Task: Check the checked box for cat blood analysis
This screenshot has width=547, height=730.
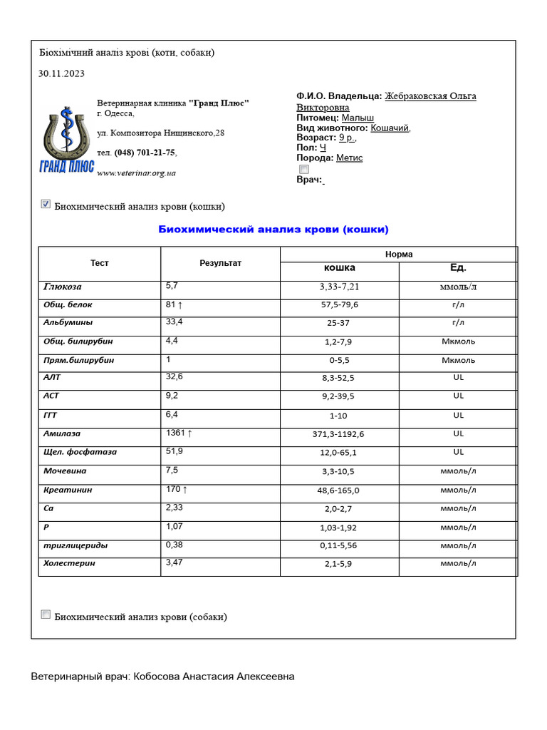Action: pyautogui.click(x=46, y=205)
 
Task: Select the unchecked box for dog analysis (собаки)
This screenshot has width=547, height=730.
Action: pyautogui.click(x=46, y=615)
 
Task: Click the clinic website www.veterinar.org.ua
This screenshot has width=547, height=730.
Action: pyautogui.click(x=136, y=173)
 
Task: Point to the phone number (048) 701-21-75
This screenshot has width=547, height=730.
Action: pyautogui.click(x=145, y=153)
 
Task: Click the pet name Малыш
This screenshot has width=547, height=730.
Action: pyautogui.click(x=358, y=118)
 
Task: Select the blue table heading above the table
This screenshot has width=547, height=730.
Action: pyautogui.click(x=273, y=230)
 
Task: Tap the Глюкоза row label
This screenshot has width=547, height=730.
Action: pyautogui.click(x=63, y=287)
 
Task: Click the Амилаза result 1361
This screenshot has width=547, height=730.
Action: pyautogui.click(x=179, y=433)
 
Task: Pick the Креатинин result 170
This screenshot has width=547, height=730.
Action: pyautogui.click(x=176, y=489)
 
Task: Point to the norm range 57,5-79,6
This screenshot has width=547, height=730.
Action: pyautogui.click(x=339, y=304)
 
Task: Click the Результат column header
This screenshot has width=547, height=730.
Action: pyautogui.click(x=220, y=263)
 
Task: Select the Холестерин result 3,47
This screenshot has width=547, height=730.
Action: pyautogui.click(x=174, y=562)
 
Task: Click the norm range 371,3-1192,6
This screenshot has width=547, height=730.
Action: pyautogui.click(x=339, y=434)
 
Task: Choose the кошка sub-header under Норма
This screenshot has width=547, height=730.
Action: pyautogui.click(x=339, y=268)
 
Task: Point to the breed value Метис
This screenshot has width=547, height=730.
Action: pyautogui.click(x=349, y=158)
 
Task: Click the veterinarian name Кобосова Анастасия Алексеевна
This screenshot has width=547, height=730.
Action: pyautogui.click(x=213, y=676)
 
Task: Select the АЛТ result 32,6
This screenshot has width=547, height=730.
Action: pyautogui.click(x=174, y=376)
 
